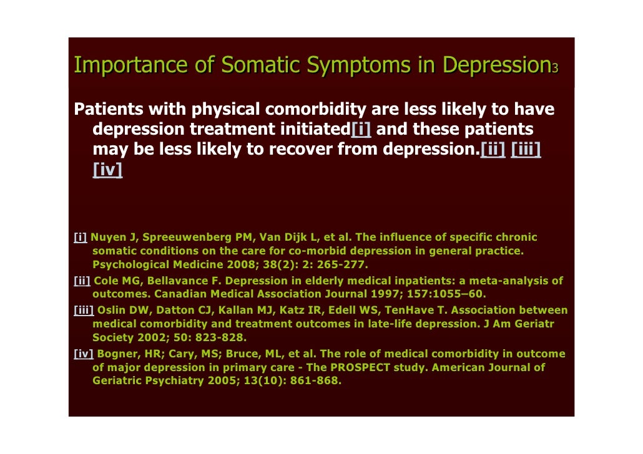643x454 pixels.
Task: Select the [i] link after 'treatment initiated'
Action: pyautogui.click(x=361, y=130)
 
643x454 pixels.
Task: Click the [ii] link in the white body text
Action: pyautogui.click(x=493, y=150)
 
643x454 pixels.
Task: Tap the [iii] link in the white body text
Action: pyautogui.click(x=526, y=150)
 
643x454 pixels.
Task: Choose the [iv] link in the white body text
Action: pyautogui.click(x=107, y=170)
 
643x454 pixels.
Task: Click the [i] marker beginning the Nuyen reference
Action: pyautogui.click(x=80, y=238)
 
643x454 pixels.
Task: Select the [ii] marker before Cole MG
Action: pyautogui.click(x=82, y=281)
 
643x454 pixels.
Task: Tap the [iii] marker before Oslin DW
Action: pyautogui.click(x=84, y=310)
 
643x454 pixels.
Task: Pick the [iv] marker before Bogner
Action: pyautogui.click(x=84, y=354)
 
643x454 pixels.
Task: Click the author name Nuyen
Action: pyautogui.click(x=106, y=238)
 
